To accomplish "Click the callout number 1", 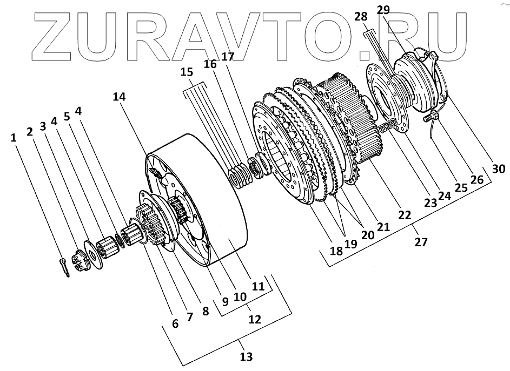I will (14, 137).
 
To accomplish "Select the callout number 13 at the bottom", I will (246, 357).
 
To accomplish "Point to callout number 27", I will (421, 242).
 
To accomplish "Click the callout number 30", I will (499, 169).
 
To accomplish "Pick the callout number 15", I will (187, 72).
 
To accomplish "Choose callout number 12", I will (254, 319).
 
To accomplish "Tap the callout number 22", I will (403, 215).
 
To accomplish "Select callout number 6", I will (175, 323).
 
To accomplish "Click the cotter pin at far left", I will (64, 267).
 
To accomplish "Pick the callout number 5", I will (67, 116).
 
